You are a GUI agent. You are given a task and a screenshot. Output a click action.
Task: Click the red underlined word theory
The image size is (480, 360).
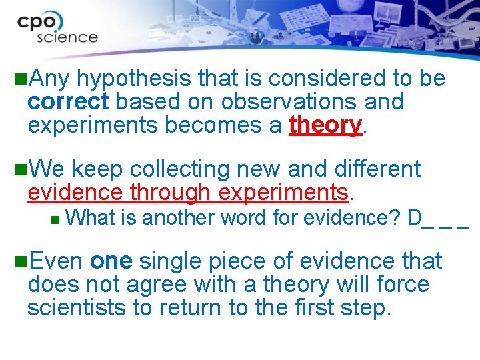pos(325,125)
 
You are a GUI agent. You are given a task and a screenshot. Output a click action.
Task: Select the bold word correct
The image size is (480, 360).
pos(67,102)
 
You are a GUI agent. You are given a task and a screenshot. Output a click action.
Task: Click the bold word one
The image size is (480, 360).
pos(111,261)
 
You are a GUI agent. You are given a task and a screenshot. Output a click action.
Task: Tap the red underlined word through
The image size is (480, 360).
pos(170,193)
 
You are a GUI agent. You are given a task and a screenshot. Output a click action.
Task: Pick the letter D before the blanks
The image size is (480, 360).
pos(415,217)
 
